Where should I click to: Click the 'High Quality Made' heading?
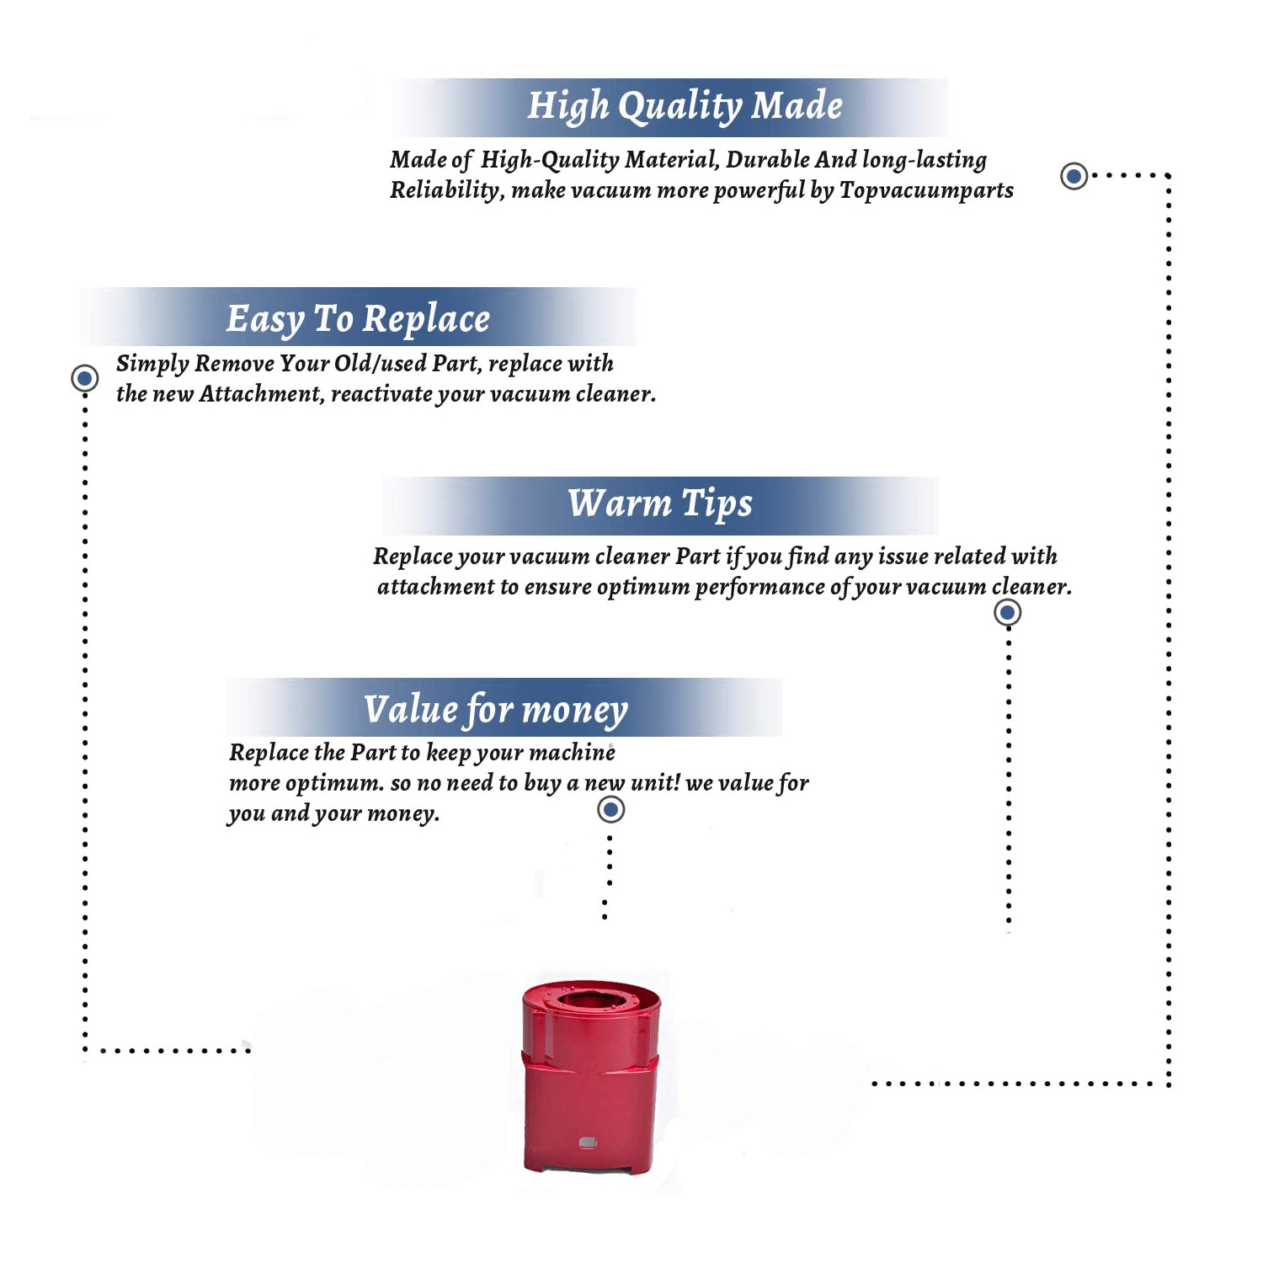[685, 107]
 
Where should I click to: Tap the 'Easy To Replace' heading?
[358, 320]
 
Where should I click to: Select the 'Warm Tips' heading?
[659, 504]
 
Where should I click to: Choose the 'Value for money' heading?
[495, 710]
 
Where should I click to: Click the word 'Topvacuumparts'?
[926, 191]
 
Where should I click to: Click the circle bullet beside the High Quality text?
[1074, 176]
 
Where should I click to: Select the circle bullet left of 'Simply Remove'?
[84, 378]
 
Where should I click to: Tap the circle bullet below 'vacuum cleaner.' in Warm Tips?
[1007, 612]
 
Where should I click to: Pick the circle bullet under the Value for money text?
[610, 810]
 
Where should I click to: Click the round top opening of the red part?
[592, 999]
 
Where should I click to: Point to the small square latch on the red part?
[588, 1143]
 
